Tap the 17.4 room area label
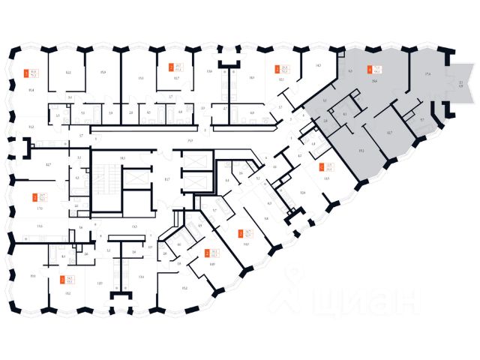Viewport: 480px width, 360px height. pyautogui.click(x=428, y=73)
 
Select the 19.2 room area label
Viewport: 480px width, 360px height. pyautogui.click(x=361, y=151)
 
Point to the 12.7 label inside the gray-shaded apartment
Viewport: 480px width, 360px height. pyautogui.click(x=389, y=133)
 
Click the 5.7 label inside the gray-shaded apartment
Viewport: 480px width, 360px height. pyautogui.click(x=422, y=120)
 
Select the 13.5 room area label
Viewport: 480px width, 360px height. pyautogui.click(x=326, y=179)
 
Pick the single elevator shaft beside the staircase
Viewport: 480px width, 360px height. pyautogui.click(x=136, y=179)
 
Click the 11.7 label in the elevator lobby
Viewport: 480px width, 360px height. pyautogui.click(x=167, y=179)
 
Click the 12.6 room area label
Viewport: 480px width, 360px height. pyautogui.click(x=302, y=193)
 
